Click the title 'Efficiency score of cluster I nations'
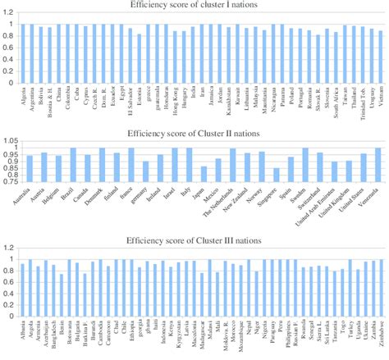coord(195,5)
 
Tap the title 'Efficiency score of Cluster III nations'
coord(195,240)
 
